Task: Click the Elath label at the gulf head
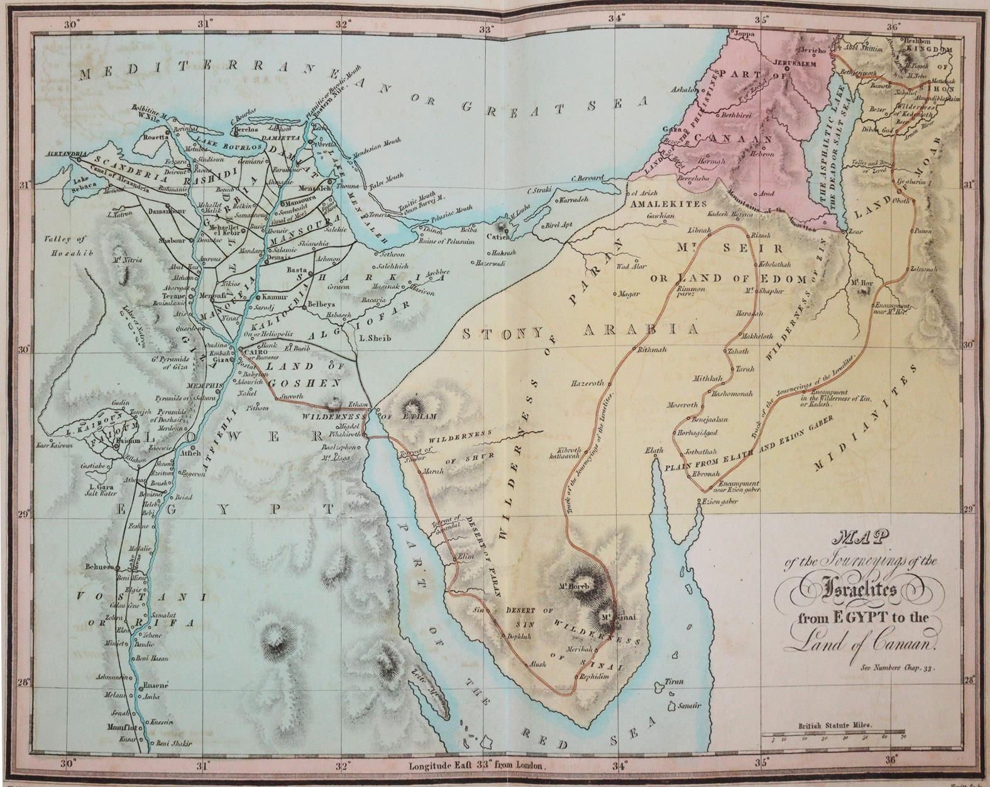(x=654, y=451)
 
